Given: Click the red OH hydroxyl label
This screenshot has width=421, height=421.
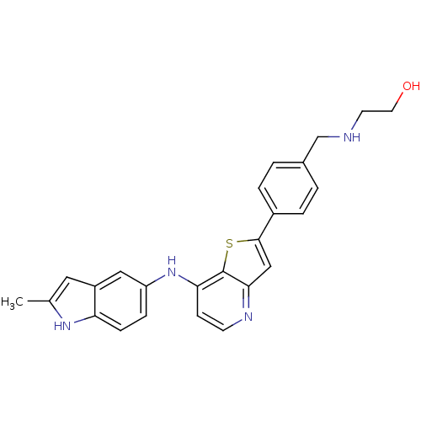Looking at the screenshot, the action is pos(411,86).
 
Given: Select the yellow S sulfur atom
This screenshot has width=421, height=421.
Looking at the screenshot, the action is pos(229,243).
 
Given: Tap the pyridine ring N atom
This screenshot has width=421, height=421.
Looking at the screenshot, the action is pos(248,317).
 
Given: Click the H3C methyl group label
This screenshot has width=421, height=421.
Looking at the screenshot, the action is pos(12,302).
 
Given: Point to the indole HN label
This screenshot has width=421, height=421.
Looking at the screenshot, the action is pos(62,326).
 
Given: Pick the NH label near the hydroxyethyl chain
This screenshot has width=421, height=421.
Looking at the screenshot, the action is pos(352,137).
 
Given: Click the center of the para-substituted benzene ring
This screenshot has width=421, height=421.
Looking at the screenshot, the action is pos(288,188).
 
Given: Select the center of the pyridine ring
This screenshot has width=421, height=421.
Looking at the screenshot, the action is pos(223,301).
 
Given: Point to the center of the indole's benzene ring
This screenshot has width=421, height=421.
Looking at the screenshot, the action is pos(120,301).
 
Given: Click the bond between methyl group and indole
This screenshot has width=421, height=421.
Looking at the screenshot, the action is pos(39,301).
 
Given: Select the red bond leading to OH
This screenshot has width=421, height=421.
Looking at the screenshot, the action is pos(397,101).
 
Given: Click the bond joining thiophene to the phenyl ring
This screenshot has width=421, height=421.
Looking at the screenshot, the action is pos(266,226).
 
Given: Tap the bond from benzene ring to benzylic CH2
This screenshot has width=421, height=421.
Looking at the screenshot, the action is pos(311,149).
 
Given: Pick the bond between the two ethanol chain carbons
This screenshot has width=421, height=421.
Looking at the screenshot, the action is pos(377,111).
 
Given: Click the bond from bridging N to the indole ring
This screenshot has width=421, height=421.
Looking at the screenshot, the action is pos(156,281).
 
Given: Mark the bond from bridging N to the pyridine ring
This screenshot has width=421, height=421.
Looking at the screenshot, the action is pos(188,281).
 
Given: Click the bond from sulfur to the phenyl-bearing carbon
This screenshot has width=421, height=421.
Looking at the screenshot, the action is pos(248,240).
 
